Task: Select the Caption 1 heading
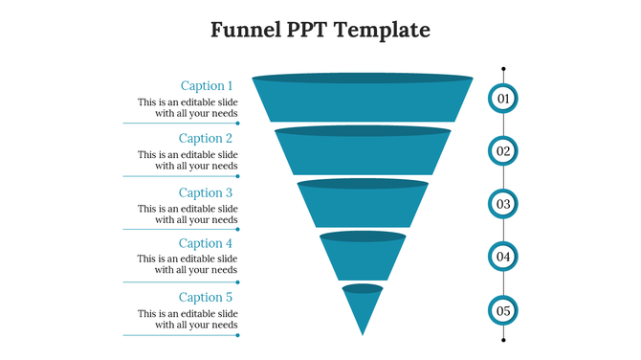click(x=207, y=85)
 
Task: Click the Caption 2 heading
click(x=206, y=138)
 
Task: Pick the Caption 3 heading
click(x=206, y=192)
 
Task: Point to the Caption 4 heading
click(x=206, y=243)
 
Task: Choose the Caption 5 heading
click(x=206, y=297)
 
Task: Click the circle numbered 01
click(x=503, y=98)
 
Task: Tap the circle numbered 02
click(x=503, y=150)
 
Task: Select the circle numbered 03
click(x=503, y=204)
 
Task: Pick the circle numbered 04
click(x=503, y=257)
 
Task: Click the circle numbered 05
click(x=503, y=310)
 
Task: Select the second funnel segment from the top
click(x=363, y=153)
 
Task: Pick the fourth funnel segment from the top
click(x=363, y=258)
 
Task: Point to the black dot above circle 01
click(x=503, y=69)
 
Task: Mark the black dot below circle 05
click(x=503, y=339)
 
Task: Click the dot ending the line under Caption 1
click(x=238, y=124)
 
